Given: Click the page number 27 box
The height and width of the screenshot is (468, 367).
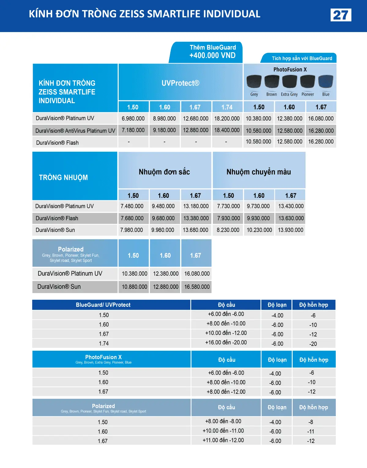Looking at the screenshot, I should pos(341,15).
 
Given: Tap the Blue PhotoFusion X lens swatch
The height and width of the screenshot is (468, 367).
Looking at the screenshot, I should pos(325,82).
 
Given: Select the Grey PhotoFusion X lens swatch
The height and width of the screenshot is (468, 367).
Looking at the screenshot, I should pos(254,82).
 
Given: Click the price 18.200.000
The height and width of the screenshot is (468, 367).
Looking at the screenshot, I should pos(227,118).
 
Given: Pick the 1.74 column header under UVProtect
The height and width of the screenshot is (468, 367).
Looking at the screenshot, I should pos(227,107).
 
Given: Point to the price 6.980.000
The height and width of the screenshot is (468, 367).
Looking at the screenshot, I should pos(133,118).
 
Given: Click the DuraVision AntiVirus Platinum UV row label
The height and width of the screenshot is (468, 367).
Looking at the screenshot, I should pos(75,131).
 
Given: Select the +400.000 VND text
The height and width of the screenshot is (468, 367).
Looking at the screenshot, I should pos(212,56).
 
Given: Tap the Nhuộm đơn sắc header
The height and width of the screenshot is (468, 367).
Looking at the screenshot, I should pos(164,172).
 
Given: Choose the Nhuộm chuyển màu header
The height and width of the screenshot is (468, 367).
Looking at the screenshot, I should pos(259,172).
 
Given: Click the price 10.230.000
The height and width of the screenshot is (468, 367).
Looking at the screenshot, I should pos(259,230).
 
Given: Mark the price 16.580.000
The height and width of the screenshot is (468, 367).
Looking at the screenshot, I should pos(197,287).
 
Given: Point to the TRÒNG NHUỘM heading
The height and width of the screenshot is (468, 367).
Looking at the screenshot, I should pos(63,177).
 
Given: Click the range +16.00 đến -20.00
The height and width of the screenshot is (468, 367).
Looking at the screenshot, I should pos(226,343).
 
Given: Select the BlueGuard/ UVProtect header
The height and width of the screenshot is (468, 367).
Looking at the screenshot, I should pos(103,305).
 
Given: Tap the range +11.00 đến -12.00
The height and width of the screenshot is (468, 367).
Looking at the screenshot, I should pos(223,440).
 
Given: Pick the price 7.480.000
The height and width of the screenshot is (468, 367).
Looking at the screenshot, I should pos(132,206).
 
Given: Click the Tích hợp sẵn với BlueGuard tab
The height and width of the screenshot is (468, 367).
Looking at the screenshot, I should pos(302,58).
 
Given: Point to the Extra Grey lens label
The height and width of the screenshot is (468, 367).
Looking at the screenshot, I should pos(289,94).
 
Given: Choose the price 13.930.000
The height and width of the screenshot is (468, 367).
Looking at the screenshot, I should pos(291,230).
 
